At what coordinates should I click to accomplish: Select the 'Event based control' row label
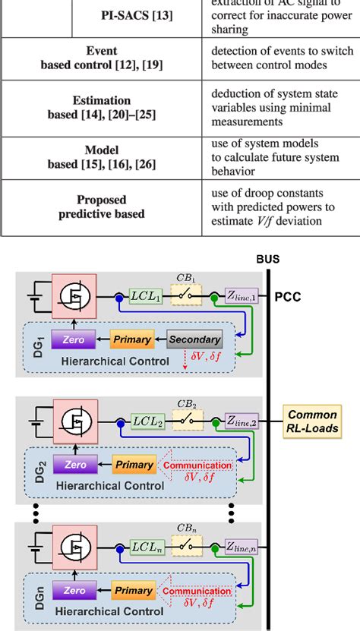(x=101, y=58)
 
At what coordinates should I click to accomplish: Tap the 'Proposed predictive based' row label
(x=101, y=207)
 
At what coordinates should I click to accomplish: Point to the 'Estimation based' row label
(x=101, y=108)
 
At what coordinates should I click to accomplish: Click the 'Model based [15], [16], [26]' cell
(x=101, y=157)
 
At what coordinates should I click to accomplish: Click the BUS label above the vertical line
(x=267, y=259)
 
